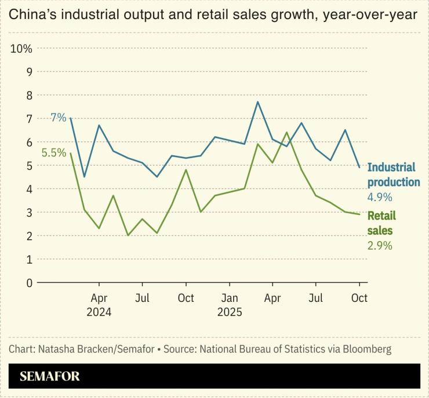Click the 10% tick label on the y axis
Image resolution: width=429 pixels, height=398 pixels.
click(x=21, y=48)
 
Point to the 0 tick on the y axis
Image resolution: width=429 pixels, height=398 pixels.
click(x=28, y=283)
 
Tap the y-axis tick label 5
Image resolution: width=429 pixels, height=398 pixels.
click(x=28, y=165)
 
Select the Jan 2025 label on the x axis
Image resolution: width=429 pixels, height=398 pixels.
click(x=229, y=305)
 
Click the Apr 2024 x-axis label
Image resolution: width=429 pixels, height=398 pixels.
click(x=99, y=305)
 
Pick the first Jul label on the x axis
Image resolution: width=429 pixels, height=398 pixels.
click(x=143, y=299)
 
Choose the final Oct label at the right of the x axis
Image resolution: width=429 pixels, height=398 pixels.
click(x=359, y=299)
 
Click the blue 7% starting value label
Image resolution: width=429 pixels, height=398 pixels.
click(x=58, y=118)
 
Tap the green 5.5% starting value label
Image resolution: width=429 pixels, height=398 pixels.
click(x=53, y=153)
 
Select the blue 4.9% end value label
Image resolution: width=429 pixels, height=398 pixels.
click(x=380, y=198)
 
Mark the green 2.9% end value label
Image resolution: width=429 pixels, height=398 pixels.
click(x=380, y=246)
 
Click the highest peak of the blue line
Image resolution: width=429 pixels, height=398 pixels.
click(x=258, y=102)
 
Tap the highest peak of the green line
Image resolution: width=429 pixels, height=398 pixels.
click(x=287, y=133)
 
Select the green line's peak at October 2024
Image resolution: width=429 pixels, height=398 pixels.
click(x=186, y=170)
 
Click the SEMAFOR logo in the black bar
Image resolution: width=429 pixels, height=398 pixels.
click(x=49, y=376)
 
